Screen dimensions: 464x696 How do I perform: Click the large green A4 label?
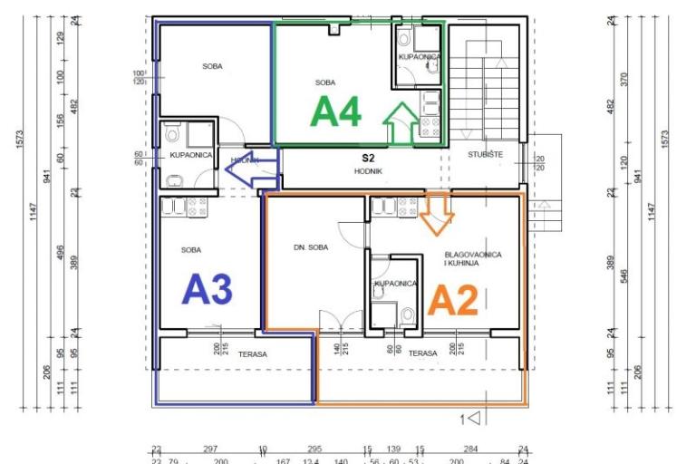click(336, 112)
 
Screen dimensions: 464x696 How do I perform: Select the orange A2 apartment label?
click(452, 300)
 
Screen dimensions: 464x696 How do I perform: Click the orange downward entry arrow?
click(438, 212)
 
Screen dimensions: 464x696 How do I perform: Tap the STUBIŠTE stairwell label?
click(486, 155)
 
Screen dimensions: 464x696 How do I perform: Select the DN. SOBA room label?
click(311, 247)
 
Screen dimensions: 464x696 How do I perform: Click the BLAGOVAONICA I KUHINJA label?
click(472, 258)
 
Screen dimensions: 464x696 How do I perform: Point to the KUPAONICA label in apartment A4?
click(419, 57)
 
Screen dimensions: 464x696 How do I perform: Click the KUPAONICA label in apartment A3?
click(190, 155)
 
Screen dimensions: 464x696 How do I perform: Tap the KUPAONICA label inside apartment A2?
click(395, 284)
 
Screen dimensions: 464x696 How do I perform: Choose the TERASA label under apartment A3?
click(253, 354)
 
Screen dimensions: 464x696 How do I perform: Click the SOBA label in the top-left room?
click(212, 66)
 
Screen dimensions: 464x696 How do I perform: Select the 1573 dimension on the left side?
click(20, 140)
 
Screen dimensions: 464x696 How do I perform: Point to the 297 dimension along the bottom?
click(210, 449)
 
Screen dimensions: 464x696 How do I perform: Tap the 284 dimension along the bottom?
click(470, 449)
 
